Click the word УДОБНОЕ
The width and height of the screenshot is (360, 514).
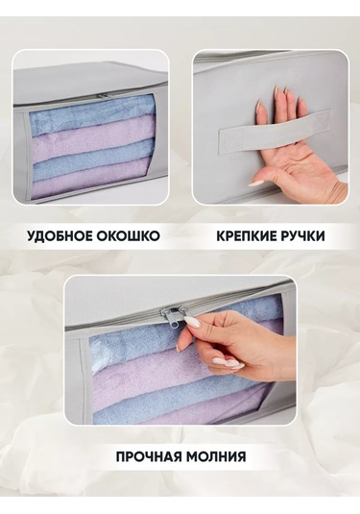(60, 236)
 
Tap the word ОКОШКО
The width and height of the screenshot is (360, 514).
(129, 236)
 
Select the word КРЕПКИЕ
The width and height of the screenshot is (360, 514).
(248, 236)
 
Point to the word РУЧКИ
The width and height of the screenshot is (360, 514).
(304, 236)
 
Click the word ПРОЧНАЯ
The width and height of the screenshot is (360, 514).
(150, 456)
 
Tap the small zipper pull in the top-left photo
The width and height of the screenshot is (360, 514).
(103, 95)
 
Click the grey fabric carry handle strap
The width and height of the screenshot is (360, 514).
(275, 130)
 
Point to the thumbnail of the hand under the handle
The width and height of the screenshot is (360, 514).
(258, 183)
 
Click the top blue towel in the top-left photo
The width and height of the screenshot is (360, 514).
(92, 113)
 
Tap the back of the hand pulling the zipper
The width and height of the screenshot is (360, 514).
(249, 341)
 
